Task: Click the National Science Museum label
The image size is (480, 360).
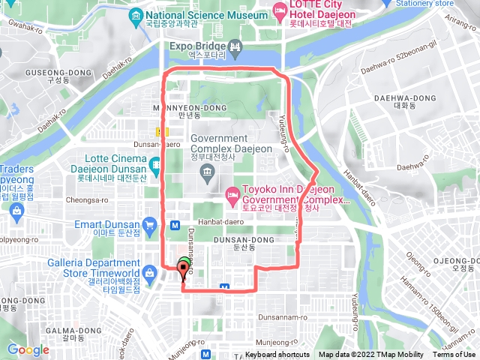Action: coord(208,15)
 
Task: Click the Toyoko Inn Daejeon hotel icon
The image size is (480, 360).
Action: coord(232,195)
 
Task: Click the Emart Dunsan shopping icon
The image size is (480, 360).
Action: coord(150,225)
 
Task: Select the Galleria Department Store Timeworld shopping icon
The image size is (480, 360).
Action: coord(150,263)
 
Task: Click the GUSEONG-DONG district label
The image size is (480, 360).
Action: coord(58,73)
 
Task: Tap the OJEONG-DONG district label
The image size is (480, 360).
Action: coord(454,260)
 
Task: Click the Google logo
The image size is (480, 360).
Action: coord(28,349)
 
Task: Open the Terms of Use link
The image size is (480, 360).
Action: coord(454,355)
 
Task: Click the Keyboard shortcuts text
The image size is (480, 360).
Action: coord(277,355)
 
